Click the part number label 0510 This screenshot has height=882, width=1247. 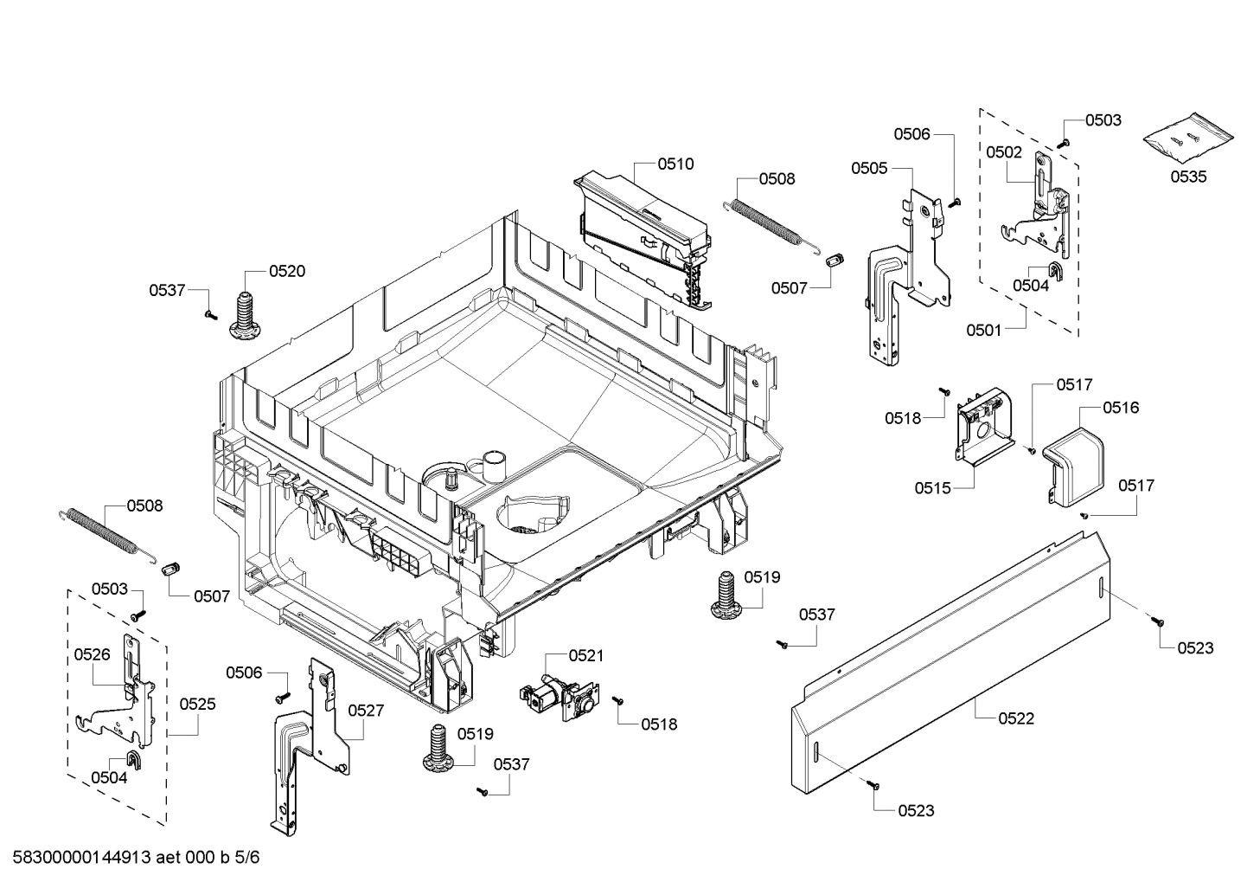675,164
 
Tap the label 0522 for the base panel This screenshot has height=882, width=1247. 1016,718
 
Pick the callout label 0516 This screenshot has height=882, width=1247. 1121,407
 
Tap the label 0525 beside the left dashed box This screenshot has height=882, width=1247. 197,704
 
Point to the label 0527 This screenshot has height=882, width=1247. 366,710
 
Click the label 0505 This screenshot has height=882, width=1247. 869,168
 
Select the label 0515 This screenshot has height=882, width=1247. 933,488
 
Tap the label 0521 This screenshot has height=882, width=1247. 586,656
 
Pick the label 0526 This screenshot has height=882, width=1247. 92,654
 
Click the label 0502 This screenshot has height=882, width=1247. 1004,151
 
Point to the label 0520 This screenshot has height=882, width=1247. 287,271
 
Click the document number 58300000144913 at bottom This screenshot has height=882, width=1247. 82,858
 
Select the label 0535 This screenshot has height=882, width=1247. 1189,177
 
